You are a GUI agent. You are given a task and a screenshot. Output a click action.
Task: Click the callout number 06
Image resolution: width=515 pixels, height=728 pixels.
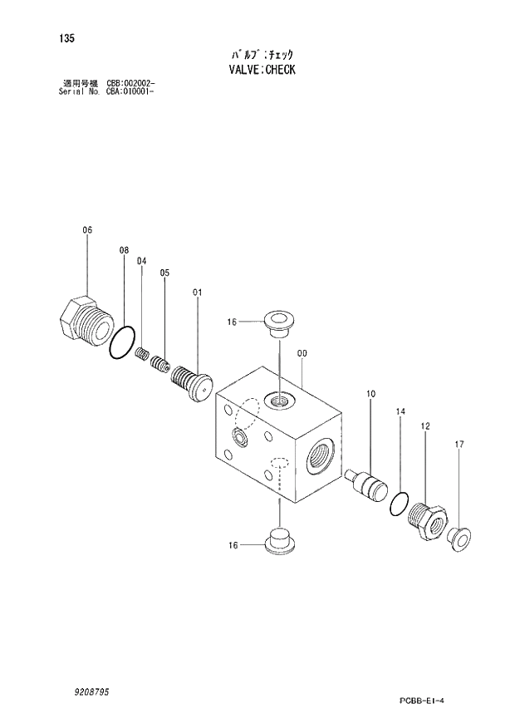87,230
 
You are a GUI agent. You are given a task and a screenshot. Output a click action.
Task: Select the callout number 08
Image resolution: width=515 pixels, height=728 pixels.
124,250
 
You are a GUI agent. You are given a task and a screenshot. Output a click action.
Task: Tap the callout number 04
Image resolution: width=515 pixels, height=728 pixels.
141,261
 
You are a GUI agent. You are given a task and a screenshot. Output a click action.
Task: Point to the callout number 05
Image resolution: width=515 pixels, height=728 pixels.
164,273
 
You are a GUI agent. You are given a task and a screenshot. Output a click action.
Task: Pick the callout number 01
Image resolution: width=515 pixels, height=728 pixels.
197,292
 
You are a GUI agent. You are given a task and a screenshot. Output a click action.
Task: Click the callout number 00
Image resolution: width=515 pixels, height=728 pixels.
302,353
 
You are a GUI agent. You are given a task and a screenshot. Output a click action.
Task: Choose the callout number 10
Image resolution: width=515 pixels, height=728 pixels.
370,393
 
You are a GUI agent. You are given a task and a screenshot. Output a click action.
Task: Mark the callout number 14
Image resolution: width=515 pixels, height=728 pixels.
400,411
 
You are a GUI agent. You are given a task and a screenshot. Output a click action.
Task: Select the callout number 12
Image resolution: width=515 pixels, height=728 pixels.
424,426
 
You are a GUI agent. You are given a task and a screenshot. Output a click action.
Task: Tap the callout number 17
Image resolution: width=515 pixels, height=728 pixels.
458,445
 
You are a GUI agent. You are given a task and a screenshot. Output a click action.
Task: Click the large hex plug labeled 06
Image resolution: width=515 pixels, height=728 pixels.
84,319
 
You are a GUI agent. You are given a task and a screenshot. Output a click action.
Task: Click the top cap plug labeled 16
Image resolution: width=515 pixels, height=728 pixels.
277,322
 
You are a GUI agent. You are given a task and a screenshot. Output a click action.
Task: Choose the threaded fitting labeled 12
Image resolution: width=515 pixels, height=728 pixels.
428,521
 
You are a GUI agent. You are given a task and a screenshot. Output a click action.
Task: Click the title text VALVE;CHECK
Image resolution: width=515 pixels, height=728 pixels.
261,70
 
